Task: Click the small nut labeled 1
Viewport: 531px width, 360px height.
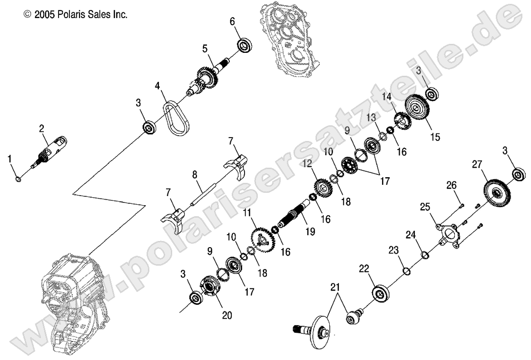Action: point(18,179)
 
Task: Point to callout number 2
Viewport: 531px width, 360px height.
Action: point(41,128)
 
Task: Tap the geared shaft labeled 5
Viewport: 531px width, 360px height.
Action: point(207,76)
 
